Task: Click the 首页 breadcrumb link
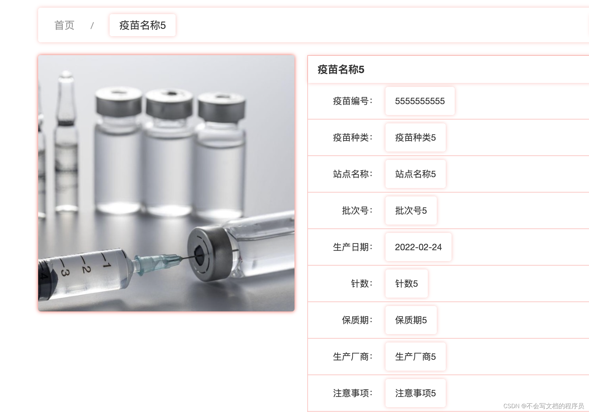point(64,25)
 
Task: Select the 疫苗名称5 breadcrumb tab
point(142,25)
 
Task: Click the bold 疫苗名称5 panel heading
point(341,70)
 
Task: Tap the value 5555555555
point(419,101)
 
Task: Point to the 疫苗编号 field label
point(352,101)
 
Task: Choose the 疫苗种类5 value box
point(415,138)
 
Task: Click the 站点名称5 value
point(415,174)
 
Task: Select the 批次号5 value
point(411,211)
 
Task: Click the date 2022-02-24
point(418,247)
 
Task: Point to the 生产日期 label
point(352,247)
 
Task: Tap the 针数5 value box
point(406,284)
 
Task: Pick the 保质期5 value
point(411,320)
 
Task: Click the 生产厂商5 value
point(415,357)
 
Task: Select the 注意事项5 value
point(415,393)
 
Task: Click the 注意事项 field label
point(352,393)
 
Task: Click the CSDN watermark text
point(543,406)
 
